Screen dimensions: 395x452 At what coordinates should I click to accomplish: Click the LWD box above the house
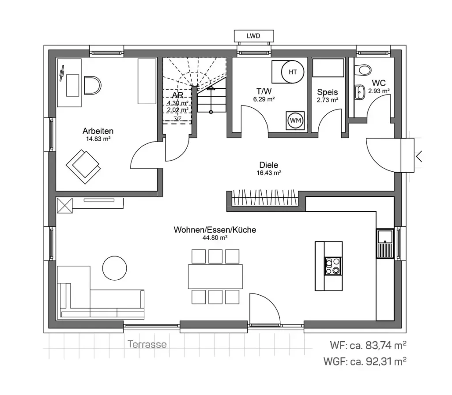point(253,36)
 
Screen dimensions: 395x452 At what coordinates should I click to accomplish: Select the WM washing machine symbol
point(294,120)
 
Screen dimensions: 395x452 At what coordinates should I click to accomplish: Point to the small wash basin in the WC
point(359,91)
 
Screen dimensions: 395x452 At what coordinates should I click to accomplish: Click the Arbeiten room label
point(98,131)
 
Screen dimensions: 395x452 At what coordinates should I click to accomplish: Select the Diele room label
point(269,165)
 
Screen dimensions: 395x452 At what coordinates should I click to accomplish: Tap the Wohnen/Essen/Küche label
point(215,230)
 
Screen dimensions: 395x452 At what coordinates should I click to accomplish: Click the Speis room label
point(327,92)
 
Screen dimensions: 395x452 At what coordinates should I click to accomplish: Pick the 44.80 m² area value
point(215,237)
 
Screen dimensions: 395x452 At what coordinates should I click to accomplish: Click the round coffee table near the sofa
point(115,267)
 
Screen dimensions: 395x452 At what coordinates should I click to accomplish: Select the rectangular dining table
point(215,276)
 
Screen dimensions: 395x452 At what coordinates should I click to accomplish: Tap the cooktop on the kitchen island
point(333,266)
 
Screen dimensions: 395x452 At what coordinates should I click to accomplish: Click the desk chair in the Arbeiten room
point(92,86)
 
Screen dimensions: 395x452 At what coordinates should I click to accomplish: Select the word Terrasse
point(147,344)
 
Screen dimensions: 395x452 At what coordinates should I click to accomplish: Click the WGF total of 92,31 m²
point(365,361)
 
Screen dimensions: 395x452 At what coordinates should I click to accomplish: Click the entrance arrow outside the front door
point(419,156)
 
